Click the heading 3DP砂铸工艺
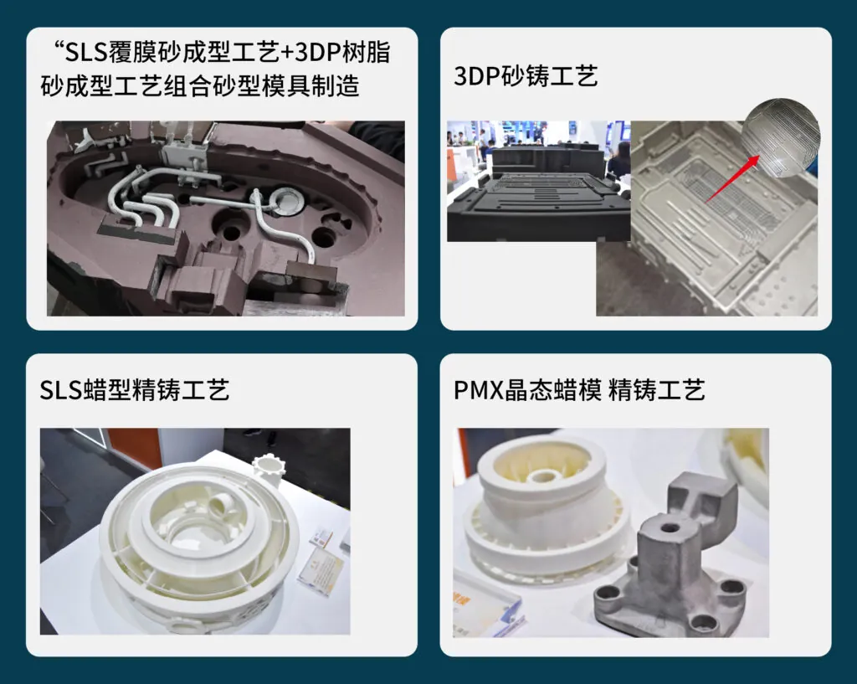point(526,76)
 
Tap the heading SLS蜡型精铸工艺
point(135,390)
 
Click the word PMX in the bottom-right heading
point(478,390)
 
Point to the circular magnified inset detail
point(781,137)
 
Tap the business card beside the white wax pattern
point(321,568)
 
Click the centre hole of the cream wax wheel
point(541,476)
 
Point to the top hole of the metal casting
point(669,529)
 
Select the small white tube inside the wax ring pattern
point(222,503)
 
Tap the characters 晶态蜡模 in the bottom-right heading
point(552,390)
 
